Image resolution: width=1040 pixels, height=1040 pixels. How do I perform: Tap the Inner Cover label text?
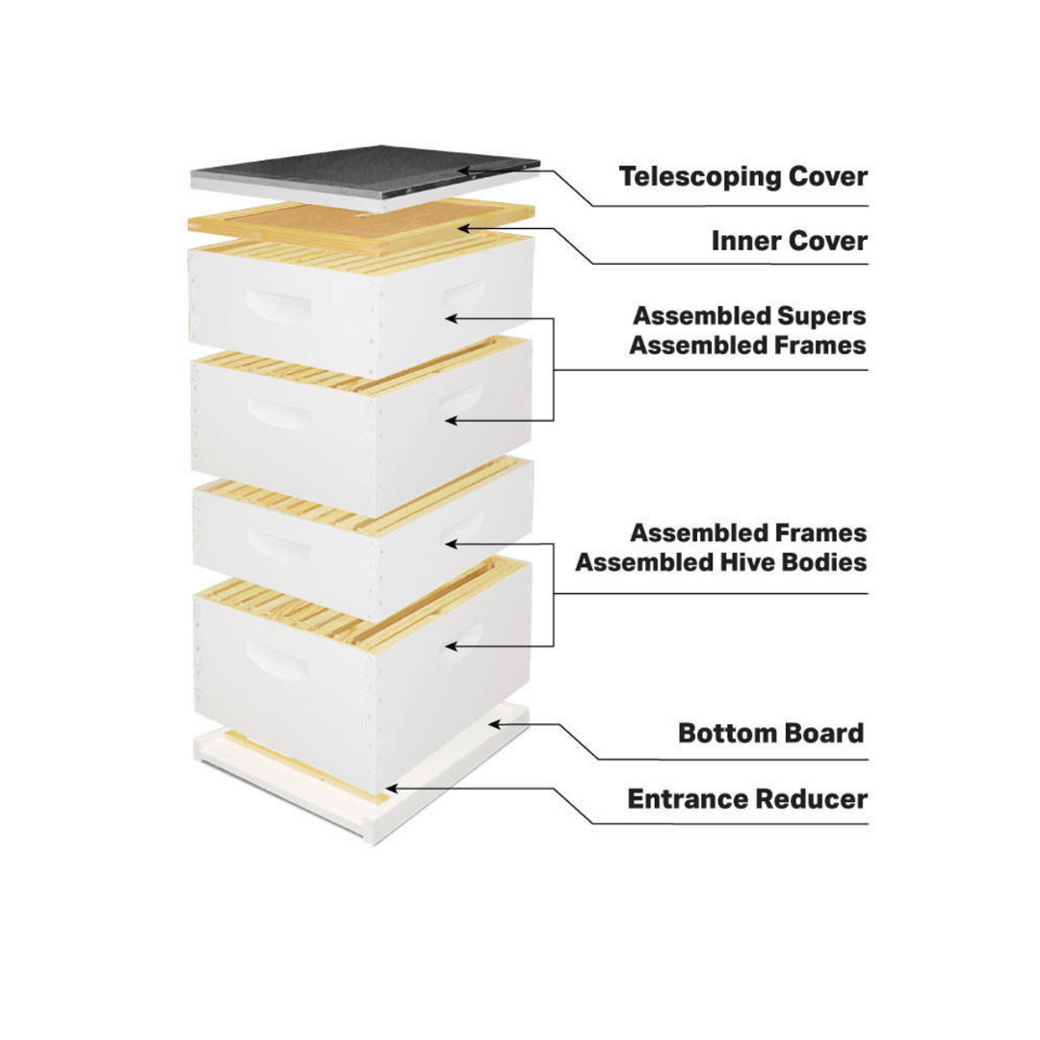789,241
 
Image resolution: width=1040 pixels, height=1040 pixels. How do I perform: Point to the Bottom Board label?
770,733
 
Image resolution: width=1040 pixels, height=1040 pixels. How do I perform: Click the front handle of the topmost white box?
278,304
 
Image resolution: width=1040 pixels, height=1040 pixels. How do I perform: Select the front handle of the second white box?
279,415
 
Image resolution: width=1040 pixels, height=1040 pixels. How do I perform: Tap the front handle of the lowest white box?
278,664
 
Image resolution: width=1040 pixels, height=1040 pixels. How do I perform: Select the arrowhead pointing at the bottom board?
492,724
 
